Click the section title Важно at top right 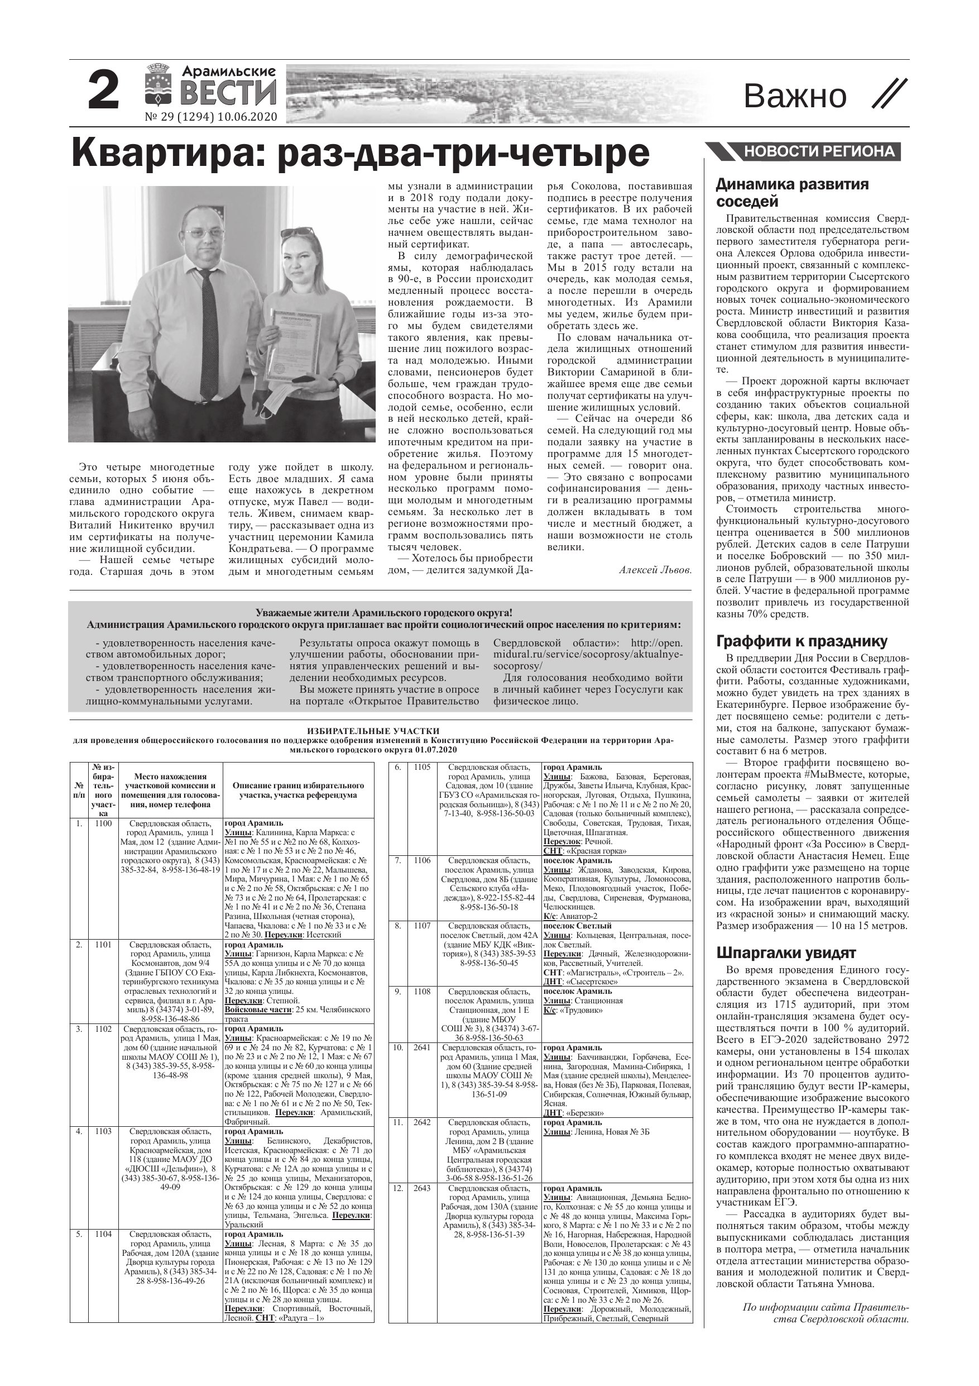[794, 96]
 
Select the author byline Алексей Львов [655, 570]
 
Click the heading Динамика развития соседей [792, 193]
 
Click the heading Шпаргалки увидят [785, 953]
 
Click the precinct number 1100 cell [103, 823]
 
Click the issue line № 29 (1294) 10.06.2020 [211, 117]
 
